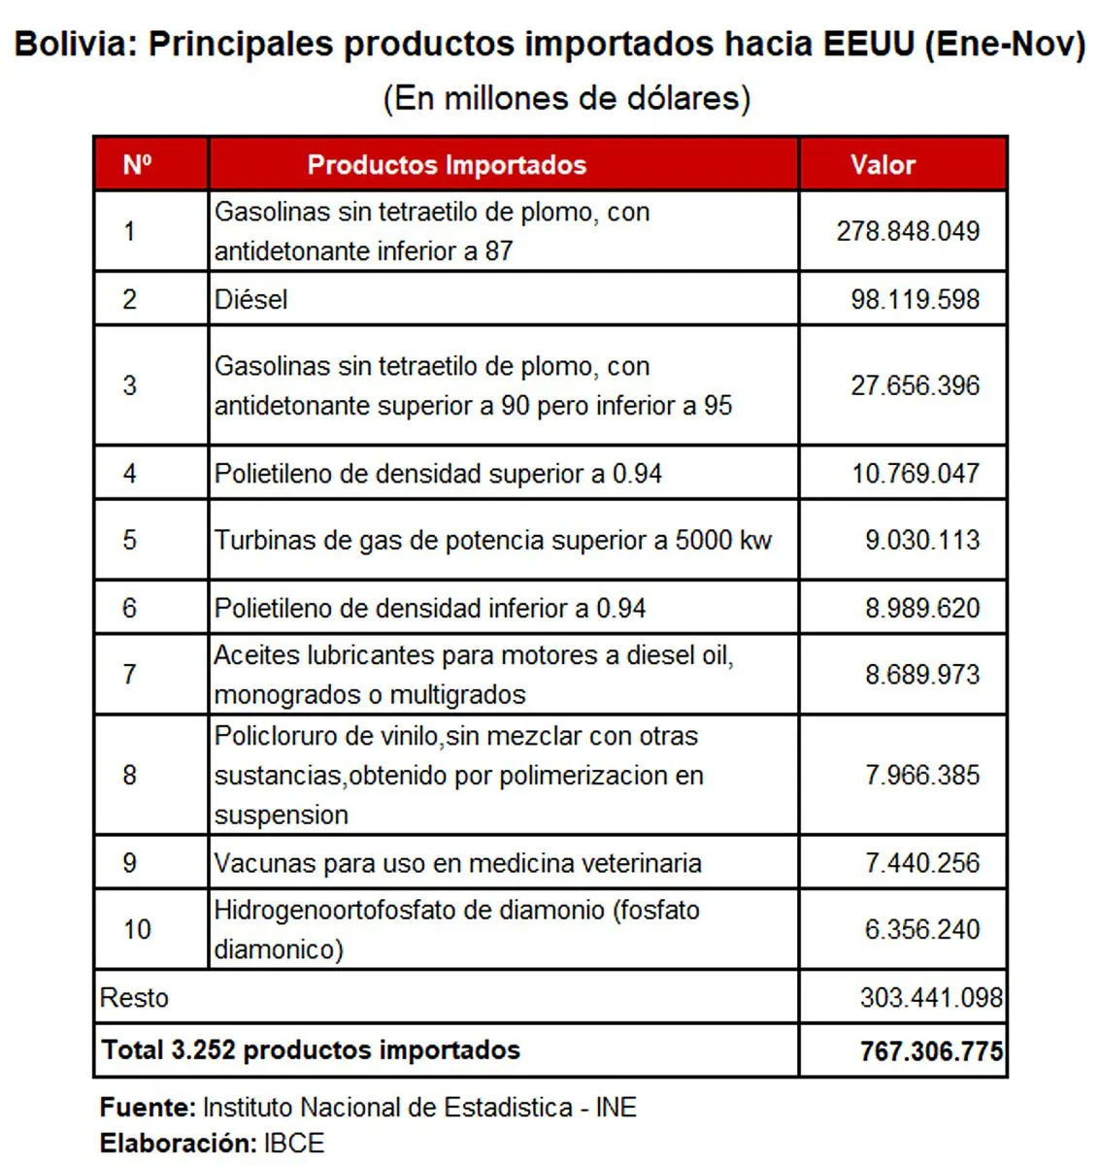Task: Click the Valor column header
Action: (883, 164)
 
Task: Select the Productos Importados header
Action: (447, 164)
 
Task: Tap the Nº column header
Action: (137, 164)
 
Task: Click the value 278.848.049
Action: (908, 231)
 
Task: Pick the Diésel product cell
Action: (251, 299)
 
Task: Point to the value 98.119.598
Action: (915, 299)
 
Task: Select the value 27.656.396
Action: (915, 385)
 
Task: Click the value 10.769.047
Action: (915, 474)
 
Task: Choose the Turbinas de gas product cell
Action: (493, 540)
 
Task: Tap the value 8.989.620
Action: (921, 608)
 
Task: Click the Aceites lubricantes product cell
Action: (474, 675)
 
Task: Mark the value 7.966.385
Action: (921, 775)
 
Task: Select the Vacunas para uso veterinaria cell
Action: (457, 863)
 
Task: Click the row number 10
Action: (137, 929)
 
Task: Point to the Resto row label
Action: (134, 997)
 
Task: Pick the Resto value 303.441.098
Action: (930, 997)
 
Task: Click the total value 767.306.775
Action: (930, 1050)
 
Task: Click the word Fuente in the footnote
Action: (148, 1107)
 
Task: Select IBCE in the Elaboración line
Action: (293, 1143)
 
